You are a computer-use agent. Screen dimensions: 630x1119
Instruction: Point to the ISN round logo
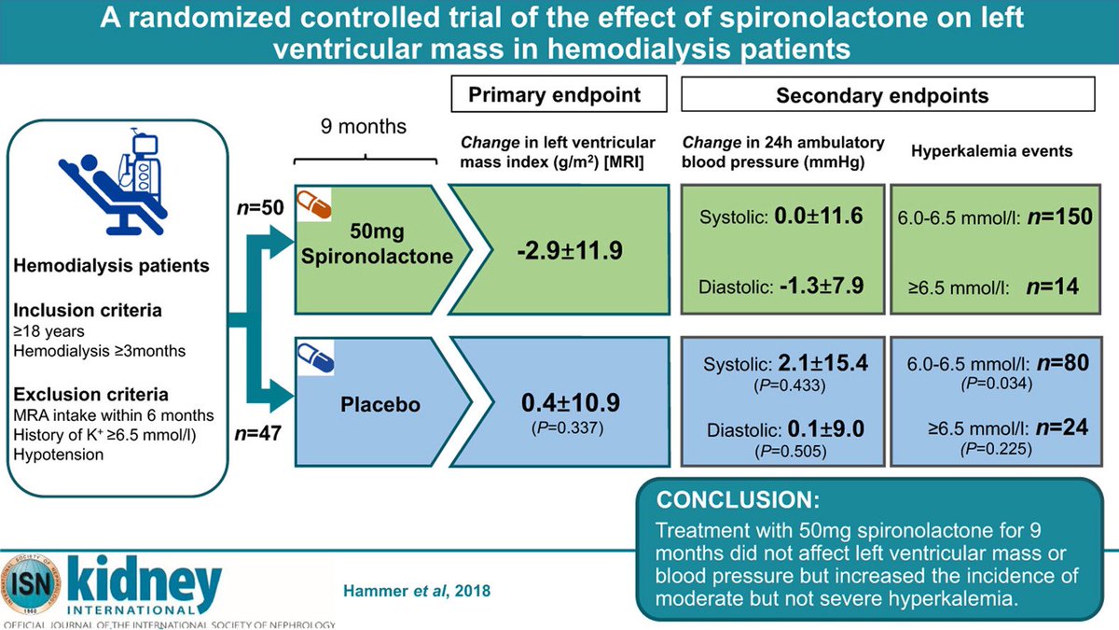coord(35,585)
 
